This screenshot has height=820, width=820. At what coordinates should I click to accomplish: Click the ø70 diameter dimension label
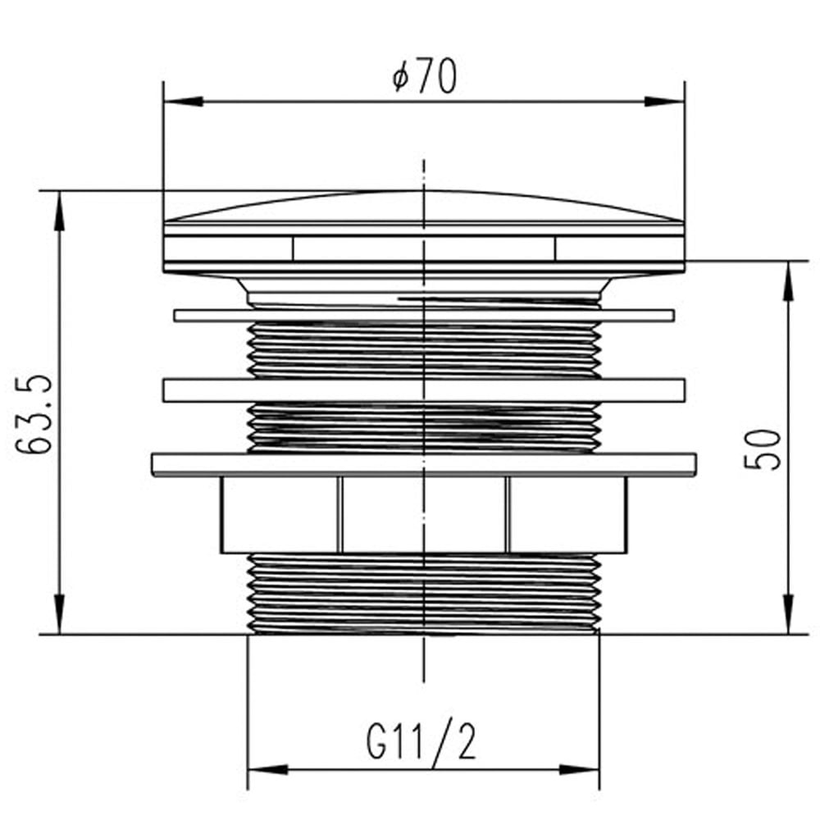(424, 76)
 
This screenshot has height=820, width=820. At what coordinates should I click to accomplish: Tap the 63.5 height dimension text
(34, 413)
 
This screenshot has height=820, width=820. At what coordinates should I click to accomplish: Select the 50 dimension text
(762, 449)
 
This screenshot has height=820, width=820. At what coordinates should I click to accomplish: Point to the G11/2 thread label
(421, 740)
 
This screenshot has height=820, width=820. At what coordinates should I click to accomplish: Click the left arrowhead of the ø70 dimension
(183, 102)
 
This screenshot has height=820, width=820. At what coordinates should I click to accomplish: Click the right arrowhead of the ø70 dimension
(664, 102)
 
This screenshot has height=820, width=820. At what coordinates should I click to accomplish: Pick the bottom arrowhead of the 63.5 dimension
(60, 614)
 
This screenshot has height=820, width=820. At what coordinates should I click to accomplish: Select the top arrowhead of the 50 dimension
(788, 280)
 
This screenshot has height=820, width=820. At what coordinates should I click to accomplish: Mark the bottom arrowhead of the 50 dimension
(788, 614)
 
